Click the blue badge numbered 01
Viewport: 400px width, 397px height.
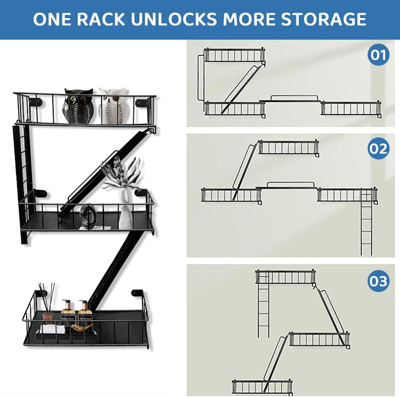click(x=378, y=54)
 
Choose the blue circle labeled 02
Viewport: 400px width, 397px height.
click(x=378, y=149)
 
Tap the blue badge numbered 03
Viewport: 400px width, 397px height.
click(x=378, y=281)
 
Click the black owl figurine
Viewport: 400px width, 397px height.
click(x=78, y=106)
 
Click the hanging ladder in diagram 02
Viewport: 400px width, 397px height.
click(x=366, y=224)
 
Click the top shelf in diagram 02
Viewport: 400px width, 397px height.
click(x=288, y=147)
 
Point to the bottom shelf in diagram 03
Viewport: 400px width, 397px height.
click(x=262, y=387)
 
